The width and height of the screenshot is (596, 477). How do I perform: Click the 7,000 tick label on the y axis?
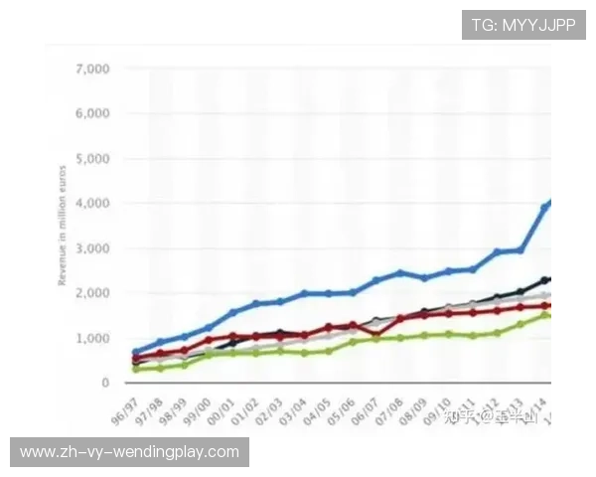(90, 70)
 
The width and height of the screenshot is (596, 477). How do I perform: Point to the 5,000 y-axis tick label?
(90, 159)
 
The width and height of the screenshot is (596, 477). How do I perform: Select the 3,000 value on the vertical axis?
(90, 248)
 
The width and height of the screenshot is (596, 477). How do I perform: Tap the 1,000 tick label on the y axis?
(90, 338)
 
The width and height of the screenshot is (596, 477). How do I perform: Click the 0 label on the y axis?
(104, 383)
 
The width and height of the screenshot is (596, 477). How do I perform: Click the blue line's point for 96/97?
(137, 353)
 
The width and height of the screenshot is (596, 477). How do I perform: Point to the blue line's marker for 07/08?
(400, 272)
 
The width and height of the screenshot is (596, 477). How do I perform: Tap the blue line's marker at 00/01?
(233, 312)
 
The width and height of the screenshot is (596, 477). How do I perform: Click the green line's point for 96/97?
(137, 369)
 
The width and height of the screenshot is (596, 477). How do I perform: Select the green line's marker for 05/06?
(353, 342)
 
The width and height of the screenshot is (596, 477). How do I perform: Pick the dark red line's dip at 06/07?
(376, 335)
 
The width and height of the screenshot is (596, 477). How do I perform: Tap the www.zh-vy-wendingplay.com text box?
(130, 452)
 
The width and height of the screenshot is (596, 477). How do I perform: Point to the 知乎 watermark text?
(459, 417)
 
